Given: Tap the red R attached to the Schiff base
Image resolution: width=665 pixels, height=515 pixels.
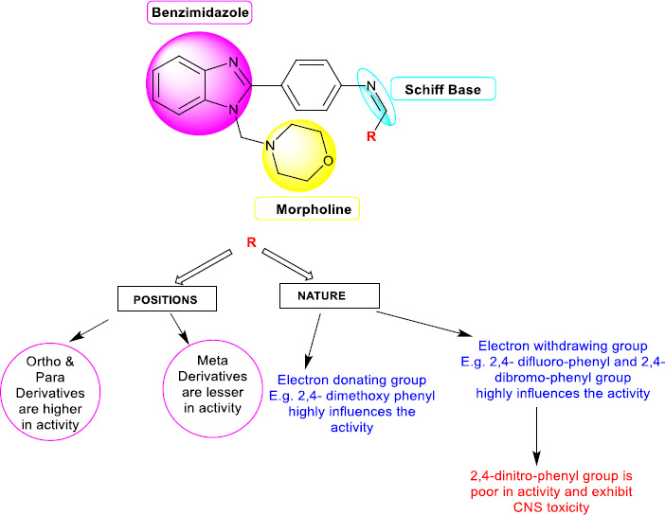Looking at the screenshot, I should (x=371, y=137).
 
